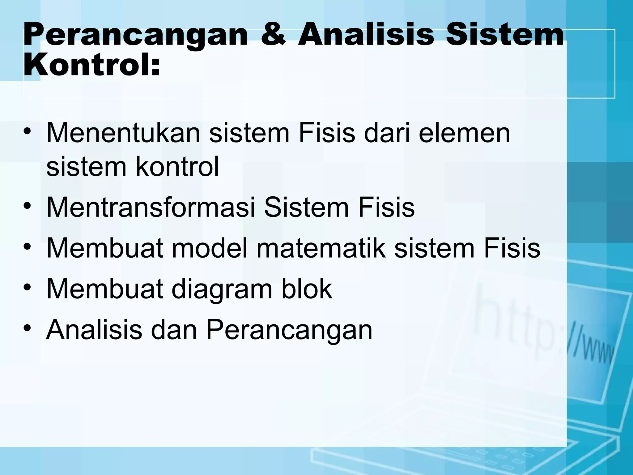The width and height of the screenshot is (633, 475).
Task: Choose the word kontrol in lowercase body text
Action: (177, 167)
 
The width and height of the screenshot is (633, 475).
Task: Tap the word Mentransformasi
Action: (151, 208)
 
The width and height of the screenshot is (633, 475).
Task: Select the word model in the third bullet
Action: (210, 248)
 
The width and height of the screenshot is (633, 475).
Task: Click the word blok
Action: (307, 289)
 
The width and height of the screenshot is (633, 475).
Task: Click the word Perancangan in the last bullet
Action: (289, 331)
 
